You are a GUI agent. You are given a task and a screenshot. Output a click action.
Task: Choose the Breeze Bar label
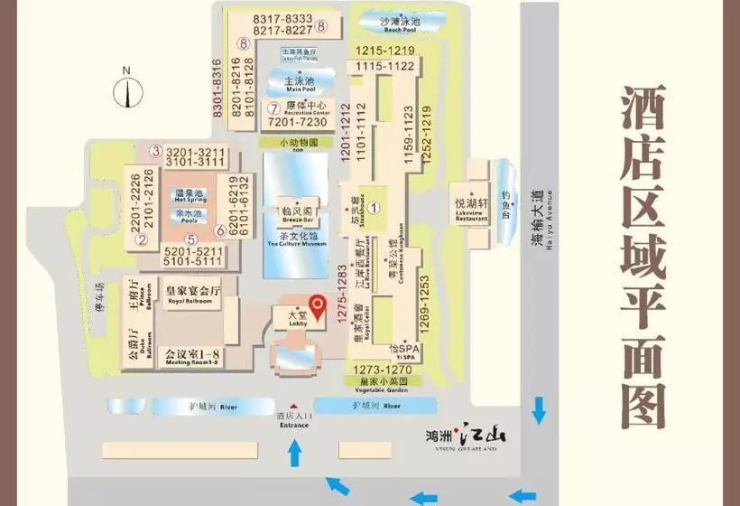(x=296, y=214)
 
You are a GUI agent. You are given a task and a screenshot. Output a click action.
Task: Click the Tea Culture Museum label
(x=296, y=238)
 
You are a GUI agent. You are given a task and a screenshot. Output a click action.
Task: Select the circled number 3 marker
(x=155, y=151)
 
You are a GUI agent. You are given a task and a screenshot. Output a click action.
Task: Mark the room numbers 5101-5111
(x=194, y=261)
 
